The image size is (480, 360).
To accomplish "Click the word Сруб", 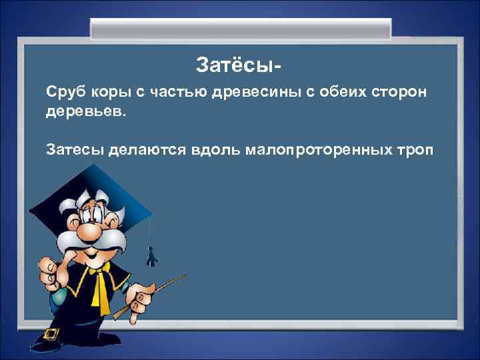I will point(64,91).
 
